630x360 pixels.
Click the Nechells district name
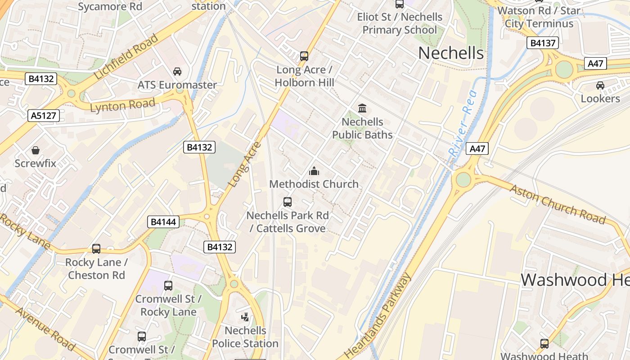click(x=451, y=53)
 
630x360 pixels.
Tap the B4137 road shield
click(x=543, y=43)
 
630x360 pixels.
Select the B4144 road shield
click(x=163, y=221)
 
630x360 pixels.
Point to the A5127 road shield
click(x=44, y=116)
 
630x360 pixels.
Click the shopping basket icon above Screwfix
click(x=36, y=150)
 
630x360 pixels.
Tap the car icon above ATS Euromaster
click(x=177, y=72)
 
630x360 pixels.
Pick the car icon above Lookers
click(x=600, y=85)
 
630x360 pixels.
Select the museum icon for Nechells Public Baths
click(x=362, y=108)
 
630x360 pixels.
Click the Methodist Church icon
click(x=314, y=171)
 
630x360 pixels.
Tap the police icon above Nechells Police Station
click(x=245, y=317)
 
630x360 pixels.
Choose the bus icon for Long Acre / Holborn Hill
click(x=304, y=56)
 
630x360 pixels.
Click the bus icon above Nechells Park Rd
click(x=288, y=202)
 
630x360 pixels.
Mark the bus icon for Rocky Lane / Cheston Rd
click(x=96, y=249)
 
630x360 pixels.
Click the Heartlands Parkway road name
click(x=380, y=315)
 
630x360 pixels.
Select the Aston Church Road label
click(x=557, y=204)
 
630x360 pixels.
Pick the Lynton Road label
click(x=122, y=106)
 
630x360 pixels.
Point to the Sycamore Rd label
click(x=110, y=6)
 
